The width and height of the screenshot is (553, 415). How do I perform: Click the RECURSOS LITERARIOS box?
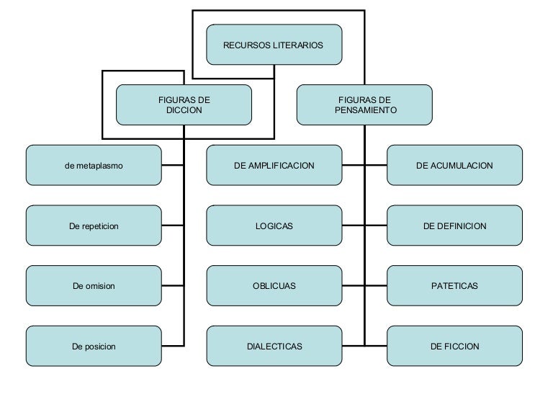(274, 45)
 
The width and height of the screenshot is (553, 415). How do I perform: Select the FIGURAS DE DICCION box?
(184, 104)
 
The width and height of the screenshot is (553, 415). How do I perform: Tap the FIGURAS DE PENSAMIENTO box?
(364, 104)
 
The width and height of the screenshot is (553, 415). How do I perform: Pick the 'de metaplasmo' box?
(94, 165)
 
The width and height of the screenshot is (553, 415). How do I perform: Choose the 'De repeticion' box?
(94, 226)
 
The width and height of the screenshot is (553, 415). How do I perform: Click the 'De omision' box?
(94, 286)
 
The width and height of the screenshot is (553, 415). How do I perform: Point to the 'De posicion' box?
(94, 346)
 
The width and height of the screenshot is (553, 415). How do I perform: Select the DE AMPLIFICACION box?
(274, 165)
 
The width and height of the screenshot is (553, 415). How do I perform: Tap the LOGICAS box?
(274, 226)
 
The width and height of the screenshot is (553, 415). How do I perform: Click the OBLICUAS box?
(274, 286)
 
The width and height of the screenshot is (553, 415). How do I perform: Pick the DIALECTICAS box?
(274, 346)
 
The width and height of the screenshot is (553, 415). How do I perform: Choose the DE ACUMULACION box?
(454, 165)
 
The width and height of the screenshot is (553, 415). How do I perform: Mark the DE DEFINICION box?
(454, 226)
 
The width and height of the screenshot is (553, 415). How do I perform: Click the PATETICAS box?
(454, 286)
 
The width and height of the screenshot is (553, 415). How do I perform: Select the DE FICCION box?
(454, 346)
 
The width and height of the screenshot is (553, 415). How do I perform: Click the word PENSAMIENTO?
(366, 110)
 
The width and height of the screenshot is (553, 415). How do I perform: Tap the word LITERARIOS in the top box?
(298, 45)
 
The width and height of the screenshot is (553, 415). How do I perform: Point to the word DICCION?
(184, 110)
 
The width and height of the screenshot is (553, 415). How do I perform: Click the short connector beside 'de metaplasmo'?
(173, 165)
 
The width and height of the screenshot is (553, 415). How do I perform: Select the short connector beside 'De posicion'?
(173, 346)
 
